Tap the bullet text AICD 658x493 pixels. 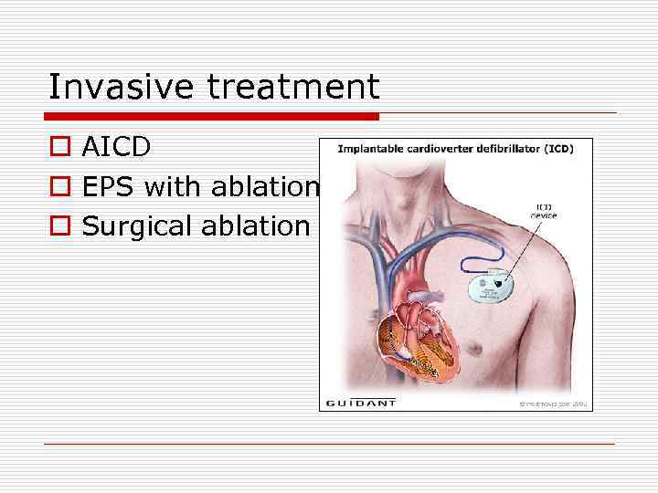pyautogui.click(x=116, y=147)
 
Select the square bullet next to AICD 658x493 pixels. pyautogui.click(x=58, y=148)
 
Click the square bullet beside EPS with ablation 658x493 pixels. pyautogui.click(x=58, y=188)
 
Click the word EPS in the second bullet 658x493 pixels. pyautogui.click(x=108, y=187)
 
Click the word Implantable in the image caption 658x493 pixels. pyautogui.click(x=371, y=149)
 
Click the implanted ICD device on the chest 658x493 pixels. pyautogui.click(x=494, y=287)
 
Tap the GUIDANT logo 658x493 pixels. pyautogui.click(x=361, y=402)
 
